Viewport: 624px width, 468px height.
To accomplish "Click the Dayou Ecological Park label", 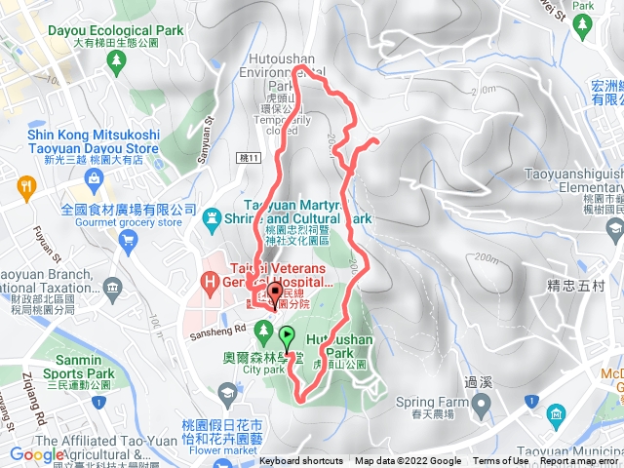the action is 115,30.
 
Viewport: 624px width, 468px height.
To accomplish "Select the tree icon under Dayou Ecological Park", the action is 117,60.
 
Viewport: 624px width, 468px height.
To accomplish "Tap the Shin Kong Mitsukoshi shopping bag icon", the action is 95,177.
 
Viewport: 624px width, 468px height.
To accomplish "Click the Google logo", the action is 37,455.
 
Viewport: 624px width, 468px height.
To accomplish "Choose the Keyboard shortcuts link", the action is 301,461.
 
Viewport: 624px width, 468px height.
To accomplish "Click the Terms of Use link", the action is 500,461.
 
